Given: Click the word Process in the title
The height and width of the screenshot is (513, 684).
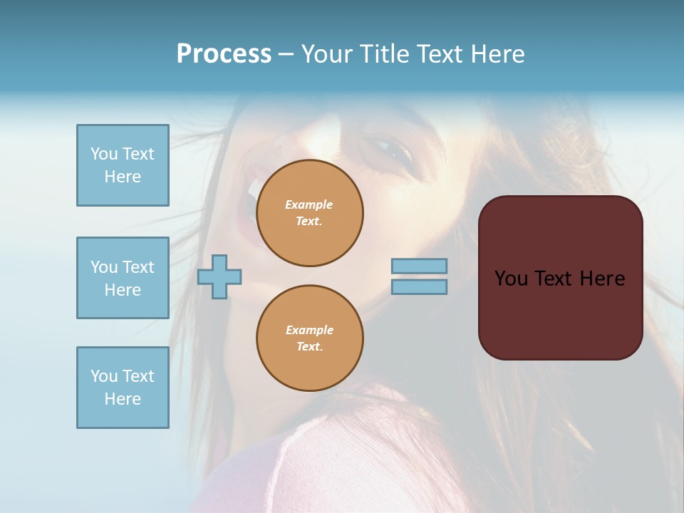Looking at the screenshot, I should pos(224,54).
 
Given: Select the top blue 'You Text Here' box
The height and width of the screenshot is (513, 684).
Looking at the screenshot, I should pos(123,165).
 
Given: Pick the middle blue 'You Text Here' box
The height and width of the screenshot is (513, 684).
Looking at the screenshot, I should pos(123,278).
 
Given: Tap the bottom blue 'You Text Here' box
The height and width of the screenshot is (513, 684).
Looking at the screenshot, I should pos(123,388).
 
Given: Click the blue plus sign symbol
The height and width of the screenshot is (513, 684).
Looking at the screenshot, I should pos(219,276).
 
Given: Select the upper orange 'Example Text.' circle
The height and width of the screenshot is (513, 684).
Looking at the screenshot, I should pos(310,213).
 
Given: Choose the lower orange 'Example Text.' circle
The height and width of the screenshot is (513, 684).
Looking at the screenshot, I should pos(310,338).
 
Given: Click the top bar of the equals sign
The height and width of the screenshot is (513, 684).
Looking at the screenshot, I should pos(419,266).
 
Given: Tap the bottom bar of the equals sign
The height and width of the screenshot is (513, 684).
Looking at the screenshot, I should pos(419,287).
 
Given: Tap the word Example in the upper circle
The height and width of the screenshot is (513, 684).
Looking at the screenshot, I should pos(309,204).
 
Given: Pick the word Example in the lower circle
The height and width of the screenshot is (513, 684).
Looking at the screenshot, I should pos(310,330).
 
